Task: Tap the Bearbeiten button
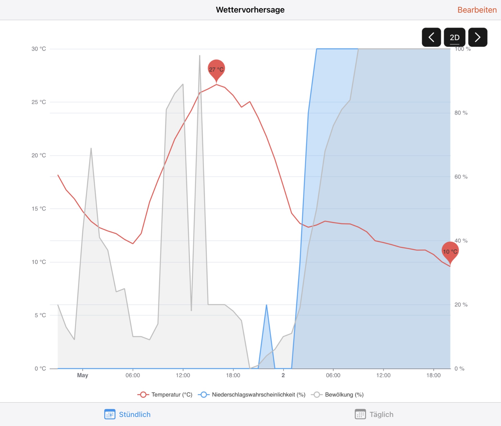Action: tap(477, 10)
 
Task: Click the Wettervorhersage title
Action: tap(250, 10)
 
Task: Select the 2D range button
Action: tap(454, 37)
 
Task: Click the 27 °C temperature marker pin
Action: tap(216, 69)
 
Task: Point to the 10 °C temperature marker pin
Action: tap(450, 251)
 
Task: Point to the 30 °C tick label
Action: tap(39, 49)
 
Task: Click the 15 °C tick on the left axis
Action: tap(39, 209)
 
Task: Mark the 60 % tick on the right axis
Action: tap(461, 177)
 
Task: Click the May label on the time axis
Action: tap(82, 375)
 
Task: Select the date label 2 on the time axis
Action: tap(283, 375)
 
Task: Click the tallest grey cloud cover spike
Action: tap(200, 56)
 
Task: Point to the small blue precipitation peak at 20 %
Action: tap(266, 306)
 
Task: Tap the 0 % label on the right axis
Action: tap(459, 369)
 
